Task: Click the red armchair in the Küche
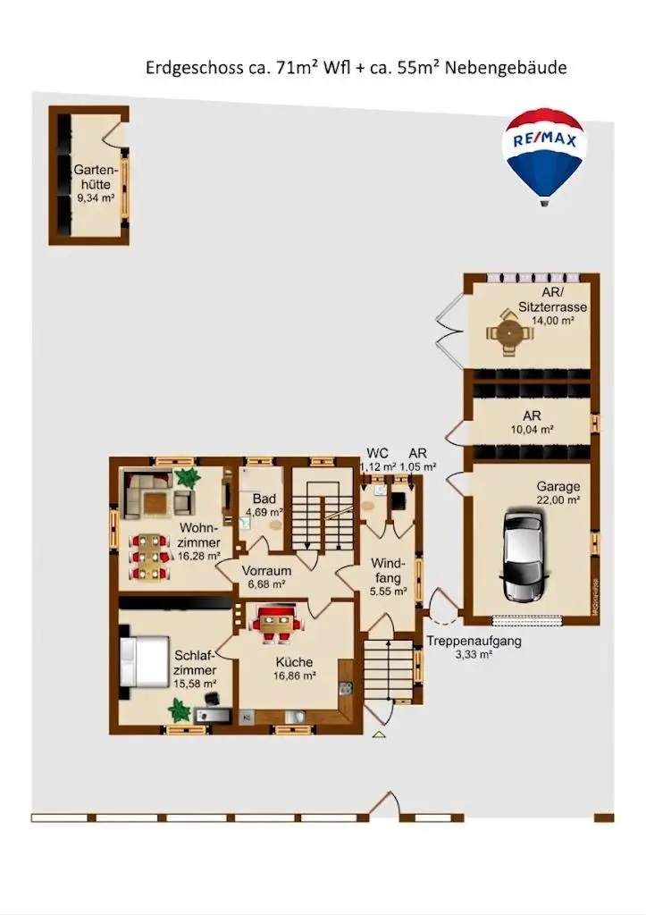click(x=277, y=624)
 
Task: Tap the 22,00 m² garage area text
click(x=558, y=500)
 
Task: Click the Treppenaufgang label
click(x=474, y=641)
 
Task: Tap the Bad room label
click(x=263, y=499)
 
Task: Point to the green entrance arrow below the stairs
click(x=379, y=734)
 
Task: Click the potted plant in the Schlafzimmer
click(x=180, y=709)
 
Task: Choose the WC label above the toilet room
click(x=377, y=452)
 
